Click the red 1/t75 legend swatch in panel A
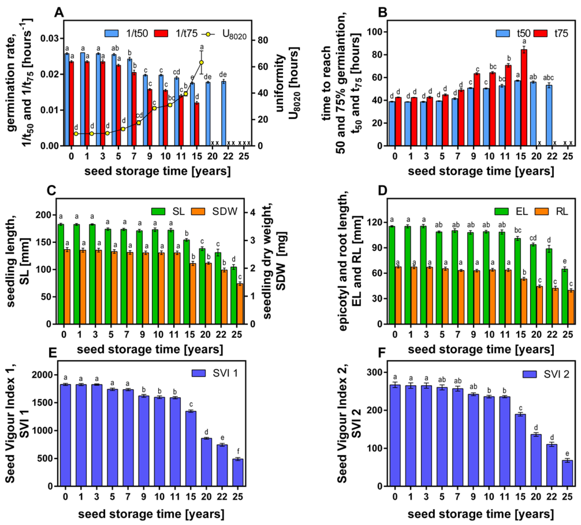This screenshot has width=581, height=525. [161, 34]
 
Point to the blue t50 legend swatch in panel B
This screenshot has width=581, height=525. [503, 34]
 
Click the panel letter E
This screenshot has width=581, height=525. [53, 353]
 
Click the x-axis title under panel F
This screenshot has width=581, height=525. [481, 514]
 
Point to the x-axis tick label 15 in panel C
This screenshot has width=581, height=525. [189, 335]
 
